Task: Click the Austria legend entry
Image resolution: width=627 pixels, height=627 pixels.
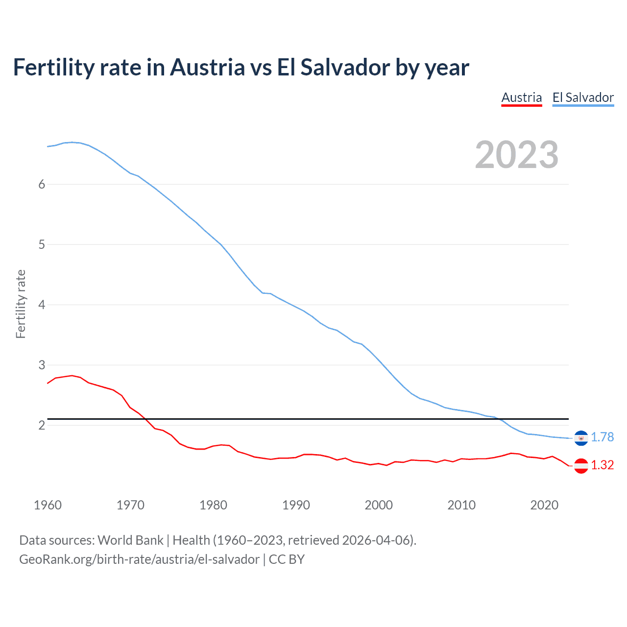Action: click(522, 97)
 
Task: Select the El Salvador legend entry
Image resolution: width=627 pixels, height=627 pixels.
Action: click(583, 97)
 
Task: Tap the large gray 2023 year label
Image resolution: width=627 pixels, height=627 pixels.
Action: click(517, 155)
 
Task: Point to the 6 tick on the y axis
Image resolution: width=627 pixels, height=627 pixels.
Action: click(42, 184)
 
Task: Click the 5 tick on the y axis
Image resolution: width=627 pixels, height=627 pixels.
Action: click(42, 244)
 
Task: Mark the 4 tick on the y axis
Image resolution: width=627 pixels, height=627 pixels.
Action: click(42, 305)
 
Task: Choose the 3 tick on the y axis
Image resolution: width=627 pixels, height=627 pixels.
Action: click(42, 365)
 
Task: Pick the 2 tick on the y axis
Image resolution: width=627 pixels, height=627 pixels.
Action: click(42, 425)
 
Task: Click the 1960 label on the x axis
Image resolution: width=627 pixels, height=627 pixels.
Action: click(48, 505)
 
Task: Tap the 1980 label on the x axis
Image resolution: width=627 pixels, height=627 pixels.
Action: click(213, 505)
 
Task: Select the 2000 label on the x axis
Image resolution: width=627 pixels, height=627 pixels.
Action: click(379, 505)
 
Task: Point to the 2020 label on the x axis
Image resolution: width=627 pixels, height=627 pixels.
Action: click(544, 505)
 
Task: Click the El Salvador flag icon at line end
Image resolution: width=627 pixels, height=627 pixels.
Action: click(581, 438)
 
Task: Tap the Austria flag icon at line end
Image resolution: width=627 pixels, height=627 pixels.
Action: click(581, 466)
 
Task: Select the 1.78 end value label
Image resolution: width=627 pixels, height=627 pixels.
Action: click(602, 437)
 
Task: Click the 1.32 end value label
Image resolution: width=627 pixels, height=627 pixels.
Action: click(602, 465)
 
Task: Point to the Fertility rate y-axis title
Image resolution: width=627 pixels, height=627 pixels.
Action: click(21, 304)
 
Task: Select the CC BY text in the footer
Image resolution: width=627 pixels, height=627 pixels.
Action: click(287, 559)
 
